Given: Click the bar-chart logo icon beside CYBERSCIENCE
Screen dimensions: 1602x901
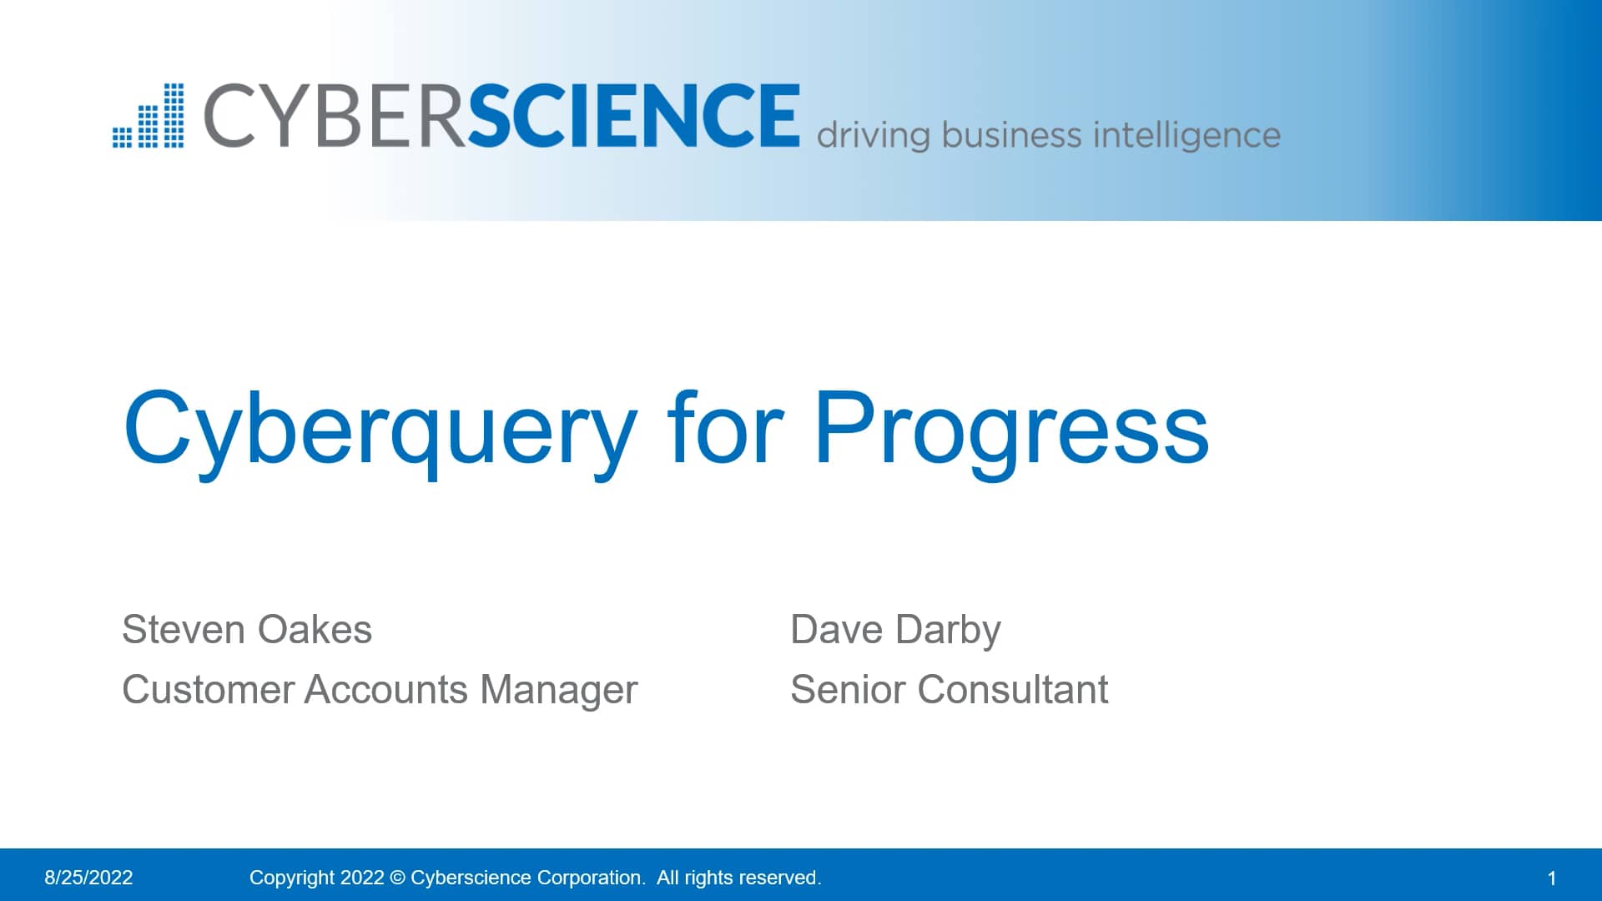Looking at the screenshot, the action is click(x=149, y=115).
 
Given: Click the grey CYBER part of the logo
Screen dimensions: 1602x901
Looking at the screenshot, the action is click(x=334, y=115).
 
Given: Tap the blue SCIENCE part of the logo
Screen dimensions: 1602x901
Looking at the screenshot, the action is click(x=633, y=115).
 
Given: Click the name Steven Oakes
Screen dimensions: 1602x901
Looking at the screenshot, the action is click(x=247, y=629).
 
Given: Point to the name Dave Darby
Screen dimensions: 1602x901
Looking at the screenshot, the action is click(x=895, y=631).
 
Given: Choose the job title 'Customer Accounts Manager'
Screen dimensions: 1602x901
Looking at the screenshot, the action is click(x=380, y=691).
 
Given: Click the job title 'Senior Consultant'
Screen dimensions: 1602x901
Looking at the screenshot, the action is click(x=950, y=689).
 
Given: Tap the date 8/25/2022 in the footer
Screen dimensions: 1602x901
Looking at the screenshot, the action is click(x=88, y=878).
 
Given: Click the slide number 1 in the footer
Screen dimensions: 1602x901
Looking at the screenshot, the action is click(x=1552, y=878).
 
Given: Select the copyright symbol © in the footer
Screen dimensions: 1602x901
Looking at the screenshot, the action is click(x=397, y=878).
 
